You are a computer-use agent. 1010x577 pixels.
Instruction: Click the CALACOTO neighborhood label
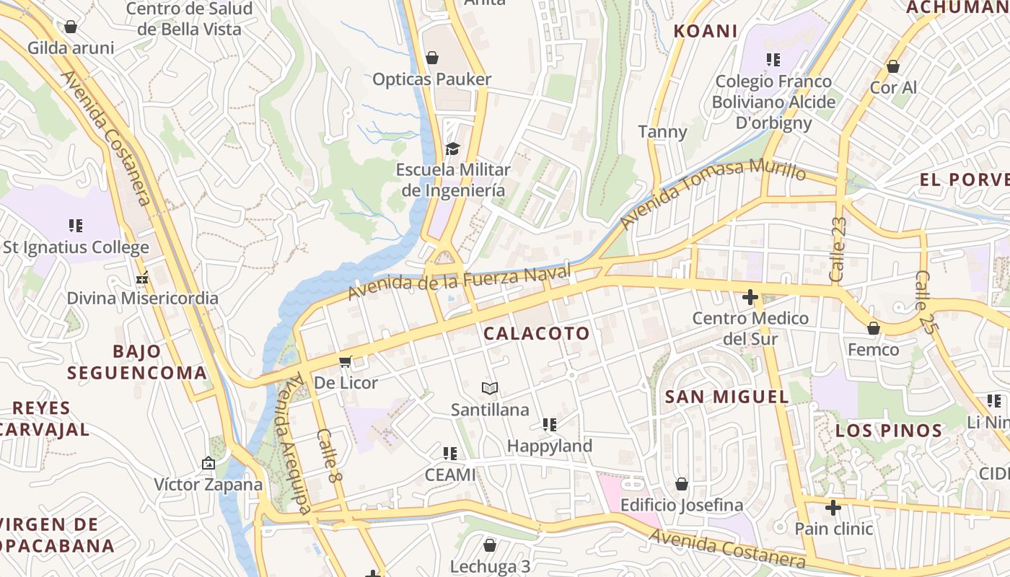(x=536, y=333)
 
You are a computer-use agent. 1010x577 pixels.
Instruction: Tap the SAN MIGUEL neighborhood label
(x=726, y=397)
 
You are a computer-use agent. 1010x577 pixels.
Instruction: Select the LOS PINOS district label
(x=889, y=431)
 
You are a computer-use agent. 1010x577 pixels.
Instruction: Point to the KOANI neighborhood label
(x=705, y=31)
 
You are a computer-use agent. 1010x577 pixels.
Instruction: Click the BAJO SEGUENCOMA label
(x=137, y=362)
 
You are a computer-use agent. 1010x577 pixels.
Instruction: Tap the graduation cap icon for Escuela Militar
(x=452, y=149)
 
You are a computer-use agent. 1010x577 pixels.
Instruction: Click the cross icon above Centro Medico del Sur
(x=750, y=296)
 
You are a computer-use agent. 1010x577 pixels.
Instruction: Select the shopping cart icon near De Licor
(x=346, y=361)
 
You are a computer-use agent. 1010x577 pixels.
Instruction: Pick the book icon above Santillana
(x=490, y=389)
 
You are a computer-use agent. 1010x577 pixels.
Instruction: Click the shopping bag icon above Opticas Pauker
(x=432, y=58)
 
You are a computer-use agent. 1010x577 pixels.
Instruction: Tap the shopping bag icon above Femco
(x=874, y=329)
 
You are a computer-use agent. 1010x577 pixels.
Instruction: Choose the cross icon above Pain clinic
(x=833, y=508)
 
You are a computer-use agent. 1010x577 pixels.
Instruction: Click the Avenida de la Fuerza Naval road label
(x=460, y=282)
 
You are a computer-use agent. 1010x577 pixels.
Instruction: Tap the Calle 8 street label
(x=327, y=456)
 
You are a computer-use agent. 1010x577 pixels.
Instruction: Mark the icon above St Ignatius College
(x=76, y=226)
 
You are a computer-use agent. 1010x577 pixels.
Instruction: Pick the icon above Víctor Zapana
(x=208, y=463)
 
